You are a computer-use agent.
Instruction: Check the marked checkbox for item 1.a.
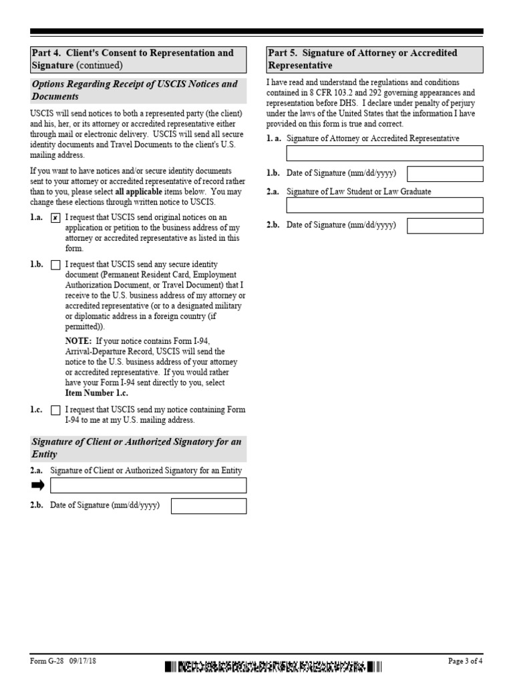click(x=55, y=217)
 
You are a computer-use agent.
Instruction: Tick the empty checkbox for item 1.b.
click(x=55, y=265)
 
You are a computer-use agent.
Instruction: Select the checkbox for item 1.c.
click(x=55, y=410)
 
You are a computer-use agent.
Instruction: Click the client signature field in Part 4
click(x=148, y=485)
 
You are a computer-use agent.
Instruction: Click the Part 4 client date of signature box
click(x=208, y=506)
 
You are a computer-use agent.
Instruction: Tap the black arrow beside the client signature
click(x=37, y=485)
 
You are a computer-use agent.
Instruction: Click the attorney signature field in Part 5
click(x=384, y=153)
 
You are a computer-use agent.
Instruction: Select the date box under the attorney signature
click(x=445, y=174)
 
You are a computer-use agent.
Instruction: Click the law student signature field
click(x=384, y=205)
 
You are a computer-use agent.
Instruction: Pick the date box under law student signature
click(x=445, y=225)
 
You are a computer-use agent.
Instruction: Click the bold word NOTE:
click(x=78, y=340)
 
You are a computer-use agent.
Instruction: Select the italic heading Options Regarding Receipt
click(x=134, y=90)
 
